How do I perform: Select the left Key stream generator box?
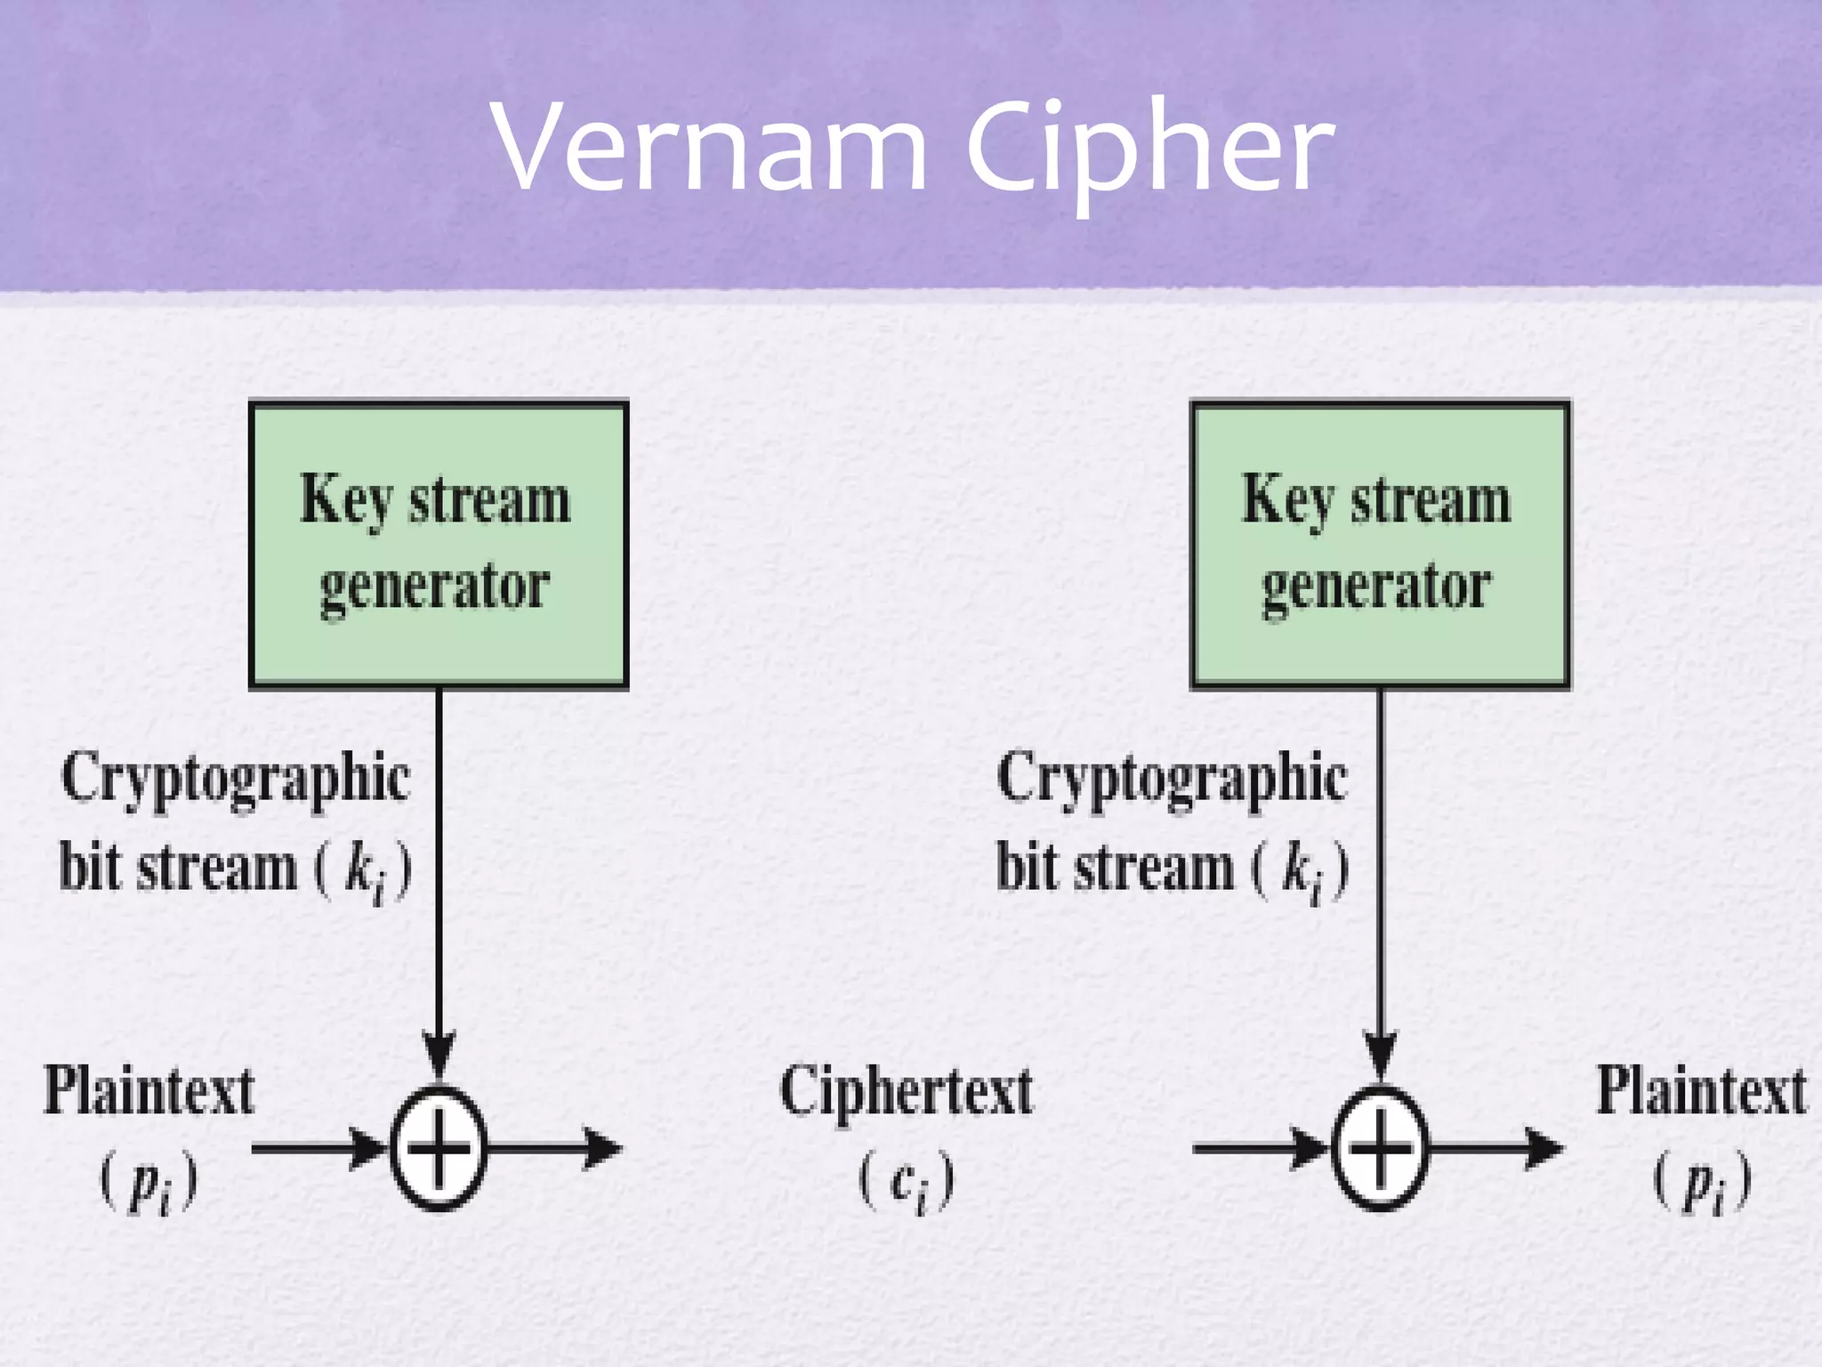tap(439, 545)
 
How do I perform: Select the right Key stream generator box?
tap(1380, 545)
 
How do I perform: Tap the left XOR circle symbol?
tap(439, 1148)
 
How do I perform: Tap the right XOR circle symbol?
tap(1380, 1148)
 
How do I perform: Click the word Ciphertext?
tap(906, 1093)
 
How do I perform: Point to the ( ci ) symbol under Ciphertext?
tap(906, 1182)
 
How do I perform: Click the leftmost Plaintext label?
tap(149, 1093)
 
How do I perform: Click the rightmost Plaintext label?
tap(1701, 1093)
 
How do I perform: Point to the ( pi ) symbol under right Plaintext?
tap(1701, 1184)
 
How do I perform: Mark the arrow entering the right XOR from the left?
tap(1259, 1148)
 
